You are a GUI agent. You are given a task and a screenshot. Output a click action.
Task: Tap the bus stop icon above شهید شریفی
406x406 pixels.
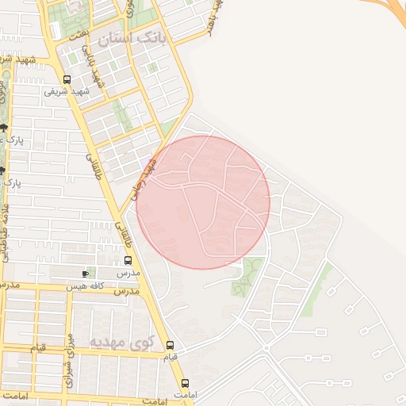67,79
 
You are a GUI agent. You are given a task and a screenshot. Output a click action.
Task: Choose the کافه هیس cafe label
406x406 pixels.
85,285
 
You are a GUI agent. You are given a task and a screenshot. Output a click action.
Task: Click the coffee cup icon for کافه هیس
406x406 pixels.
85,274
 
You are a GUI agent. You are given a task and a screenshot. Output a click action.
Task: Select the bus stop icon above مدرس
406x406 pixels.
128,260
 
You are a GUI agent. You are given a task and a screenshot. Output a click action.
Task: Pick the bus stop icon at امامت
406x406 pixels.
185,382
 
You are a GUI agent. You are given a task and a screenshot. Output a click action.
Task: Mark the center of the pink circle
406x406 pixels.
204,202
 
